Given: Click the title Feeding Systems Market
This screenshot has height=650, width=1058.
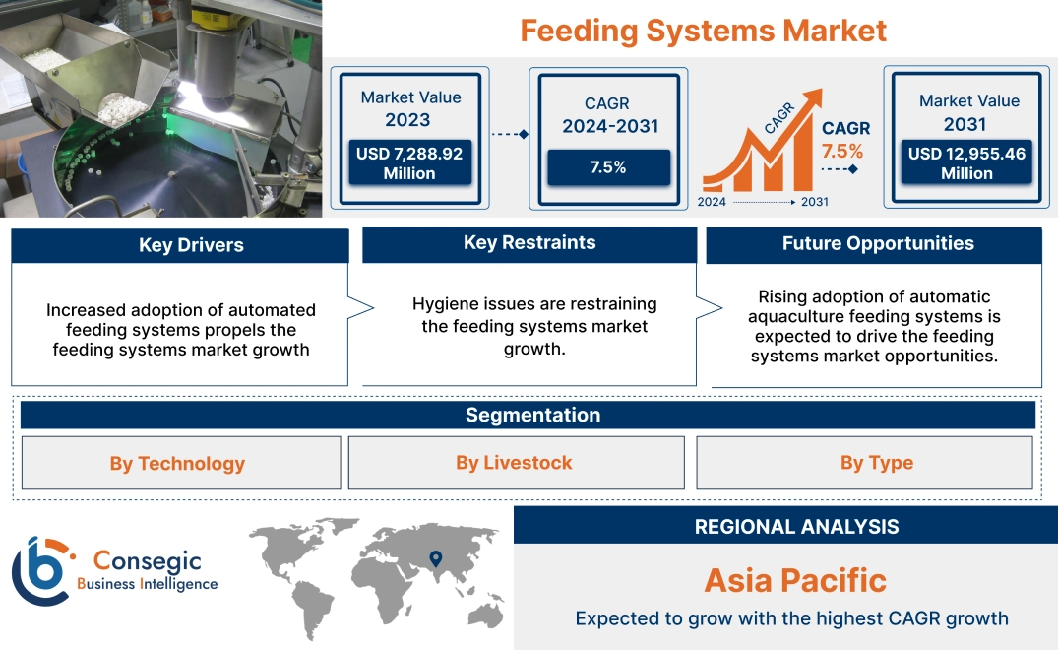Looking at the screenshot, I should click(x=703, y=31).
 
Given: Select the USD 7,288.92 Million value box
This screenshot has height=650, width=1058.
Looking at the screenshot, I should click(x=408, y=163).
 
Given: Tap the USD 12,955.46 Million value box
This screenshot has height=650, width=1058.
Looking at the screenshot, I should click(x=966, y=163).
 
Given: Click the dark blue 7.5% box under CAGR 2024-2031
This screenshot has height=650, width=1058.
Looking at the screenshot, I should click(x=607, y=167).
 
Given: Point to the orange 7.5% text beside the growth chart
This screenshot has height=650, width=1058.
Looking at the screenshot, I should click(x=842, y=151).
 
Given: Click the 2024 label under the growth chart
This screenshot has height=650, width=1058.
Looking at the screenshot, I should click(x=713, y=202).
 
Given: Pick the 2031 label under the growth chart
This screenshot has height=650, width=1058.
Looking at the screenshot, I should click(x=814, y=202).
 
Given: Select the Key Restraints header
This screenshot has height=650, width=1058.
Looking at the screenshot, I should click(x=529, y=243).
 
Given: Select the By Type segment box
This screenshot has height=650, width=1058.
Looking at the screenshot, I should click(x=876, y=463).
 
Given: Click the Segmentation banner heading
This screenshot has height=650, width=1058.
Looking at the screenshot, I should click(x=532, y=415).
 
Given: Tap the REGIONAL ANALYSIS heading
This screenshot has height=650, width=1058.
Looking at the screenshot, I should click(x=796, y=527).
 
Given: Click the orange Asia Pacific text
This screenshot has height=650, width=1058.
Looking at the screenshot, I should click(x=795, y=580).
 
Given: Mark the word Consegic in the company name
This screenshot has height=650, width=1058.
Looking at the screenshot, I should click(x=148, y=561).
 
